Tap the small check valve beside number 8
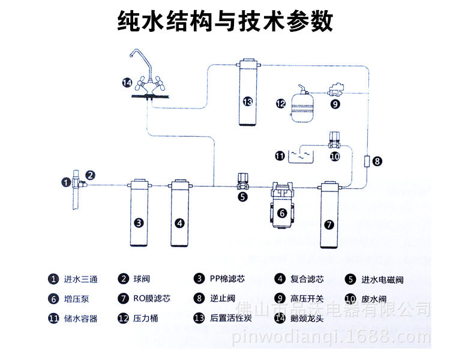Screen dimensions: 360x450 point(367,161)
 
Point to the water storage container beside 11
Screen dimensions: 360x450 point(299,155)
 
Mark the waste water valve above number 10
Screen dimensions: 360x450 point(334,140)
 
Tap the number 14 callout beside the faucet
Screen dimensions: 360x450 point(127,82)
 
